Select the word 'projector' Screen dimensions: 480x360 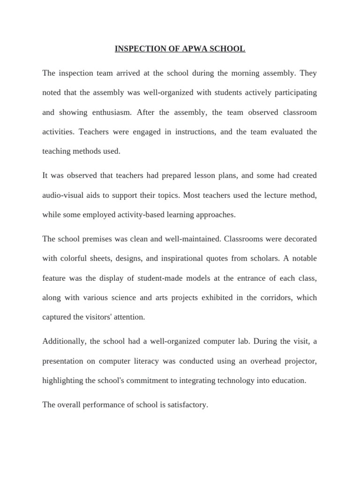click(x=299, y=361)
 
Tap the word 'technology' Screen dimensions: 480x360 click(x=236, y=381)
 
